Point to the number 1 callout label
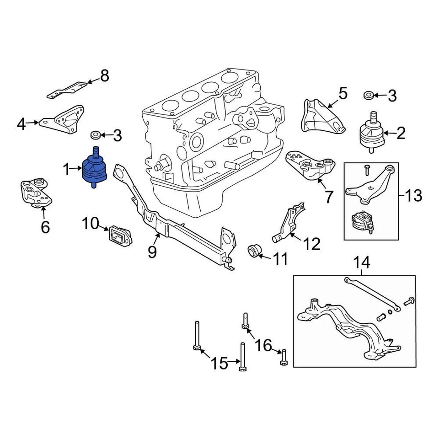(67, 171)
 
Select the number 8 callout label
(105, 76)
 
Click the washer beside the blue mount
(96, 135)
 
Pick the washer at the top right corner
(368, 96)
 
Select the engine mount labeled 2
(370, 131)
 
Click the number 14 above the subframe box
(361, 262)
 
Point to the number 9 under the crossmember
(152, 251)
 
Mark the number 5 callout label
(343, 94)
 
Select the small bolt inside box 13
(366, 171)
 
